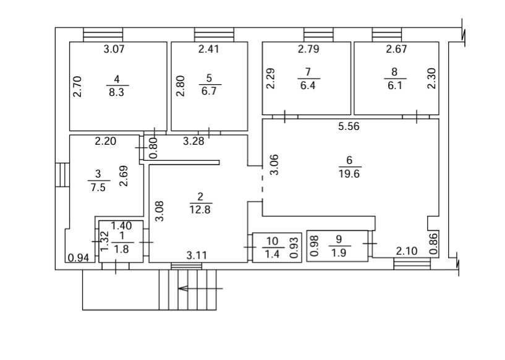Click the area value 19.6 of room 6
(x=349, y=174)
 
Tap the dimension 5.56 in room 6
(x=349, y=126)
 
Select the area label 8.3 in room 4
(x=117, y=93)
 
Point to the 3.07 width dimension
(x=114, y=49)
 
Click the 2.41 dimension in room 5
(x=209, y=49)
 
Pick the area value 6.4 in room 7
(x=308, y=86)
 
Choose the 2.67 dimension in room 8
(x=396, y=49)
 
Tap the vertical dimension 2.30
(x=431, y=79)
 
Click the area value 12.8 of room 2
(x=200, y=210)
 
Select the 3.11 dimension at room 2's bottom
(x=197, y=255)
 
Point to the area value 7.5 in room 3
(x=98, y=187)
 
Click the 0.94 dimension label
(x=79, y=258)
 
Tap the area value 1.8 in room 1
(x=122, y=249)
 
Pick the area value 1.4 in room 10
(x=272, y=254)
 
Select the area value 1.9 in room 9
(x=339, y=252)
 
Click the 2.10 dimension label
(x=407, y=251)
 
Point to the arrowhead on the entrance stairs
(x=184, y=288)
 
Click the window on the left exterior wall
(x=62, y=175)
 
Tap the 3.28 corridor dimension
(x=193, y=141)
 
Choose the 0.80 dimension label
(x=154, y=148)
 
